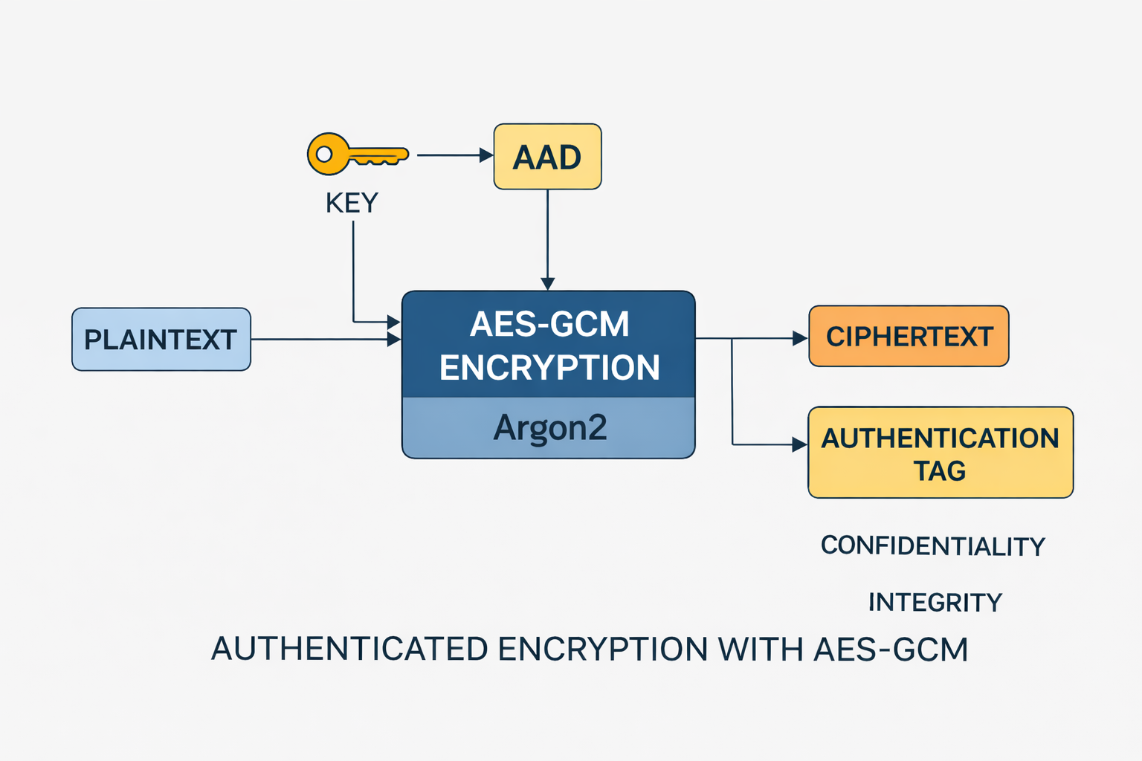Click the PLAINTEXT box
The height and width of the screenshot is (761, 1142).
point(161,340)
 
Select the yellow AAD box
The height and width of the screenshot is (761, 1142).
point(547,157)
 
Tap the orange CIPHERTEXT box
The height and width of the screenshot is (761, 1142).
point(909,337)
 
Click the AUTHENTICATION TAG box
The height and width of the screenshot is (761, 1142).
point(941,452)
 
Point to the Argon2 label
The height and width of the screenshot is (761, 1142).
point(549,428)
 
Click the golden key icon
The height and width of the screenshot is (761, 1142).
point(357,155)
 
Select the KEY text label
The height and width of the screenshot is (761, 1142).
point(352,203)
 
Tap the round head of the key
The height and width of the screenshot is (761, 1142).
point(327,155)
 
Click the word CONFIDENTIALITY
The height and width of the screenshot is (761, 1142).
point(932,546)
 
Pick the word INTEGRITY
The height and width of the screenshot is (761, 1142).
point(935,602)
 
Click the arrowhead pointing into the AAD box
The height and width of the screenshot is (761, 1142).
point(487,155)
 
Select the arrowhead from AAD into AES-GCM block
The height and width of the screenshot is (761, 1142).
point(548,284)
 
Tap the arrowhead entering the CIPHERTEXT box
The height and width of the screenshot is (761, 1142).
point(801,339)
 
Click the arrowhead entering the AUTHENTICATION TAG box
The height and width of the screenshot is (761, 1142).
point(801,445)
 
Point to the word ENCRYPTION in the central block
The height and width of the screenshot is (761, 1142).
point(549,368)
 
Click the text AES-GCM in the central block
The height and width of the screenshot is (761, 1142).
point(549,324)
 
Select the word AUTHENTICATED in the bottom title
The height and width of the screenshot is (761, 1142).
point(349,649)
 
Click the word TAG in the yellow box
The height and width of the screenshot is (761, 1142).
point(940,471)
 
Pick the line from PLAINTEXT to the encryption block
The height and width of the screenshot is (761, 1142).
point(320,340)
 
